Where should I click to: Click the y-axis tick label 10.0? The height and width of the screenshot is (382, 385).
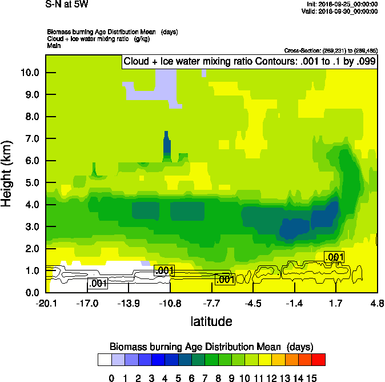pos(29,73)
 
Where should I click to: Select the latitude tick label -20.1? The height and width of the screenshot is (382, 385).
pos(45,303)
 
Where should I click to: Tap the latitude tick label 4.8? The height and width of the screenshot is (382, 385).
pos(376,303)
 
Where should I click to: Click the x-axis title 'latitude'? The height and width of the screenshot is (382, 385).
pos(211,321)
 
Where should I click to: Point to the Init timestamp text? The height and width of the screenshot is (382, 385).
pos(342,4)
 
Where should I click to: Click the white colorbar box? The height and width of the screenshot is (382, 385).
pos(105,359)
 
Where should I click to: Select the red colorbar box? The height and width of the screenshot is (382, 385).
pos(319,359)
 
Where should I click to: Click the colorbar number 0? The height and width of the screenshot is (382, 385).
pos(111,377)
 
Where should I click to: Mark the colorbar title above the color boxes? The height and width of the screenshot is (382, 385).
pos(211,347)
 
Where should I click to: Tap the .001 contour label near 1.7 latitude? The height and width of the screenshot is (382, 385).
pos(334,257)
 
